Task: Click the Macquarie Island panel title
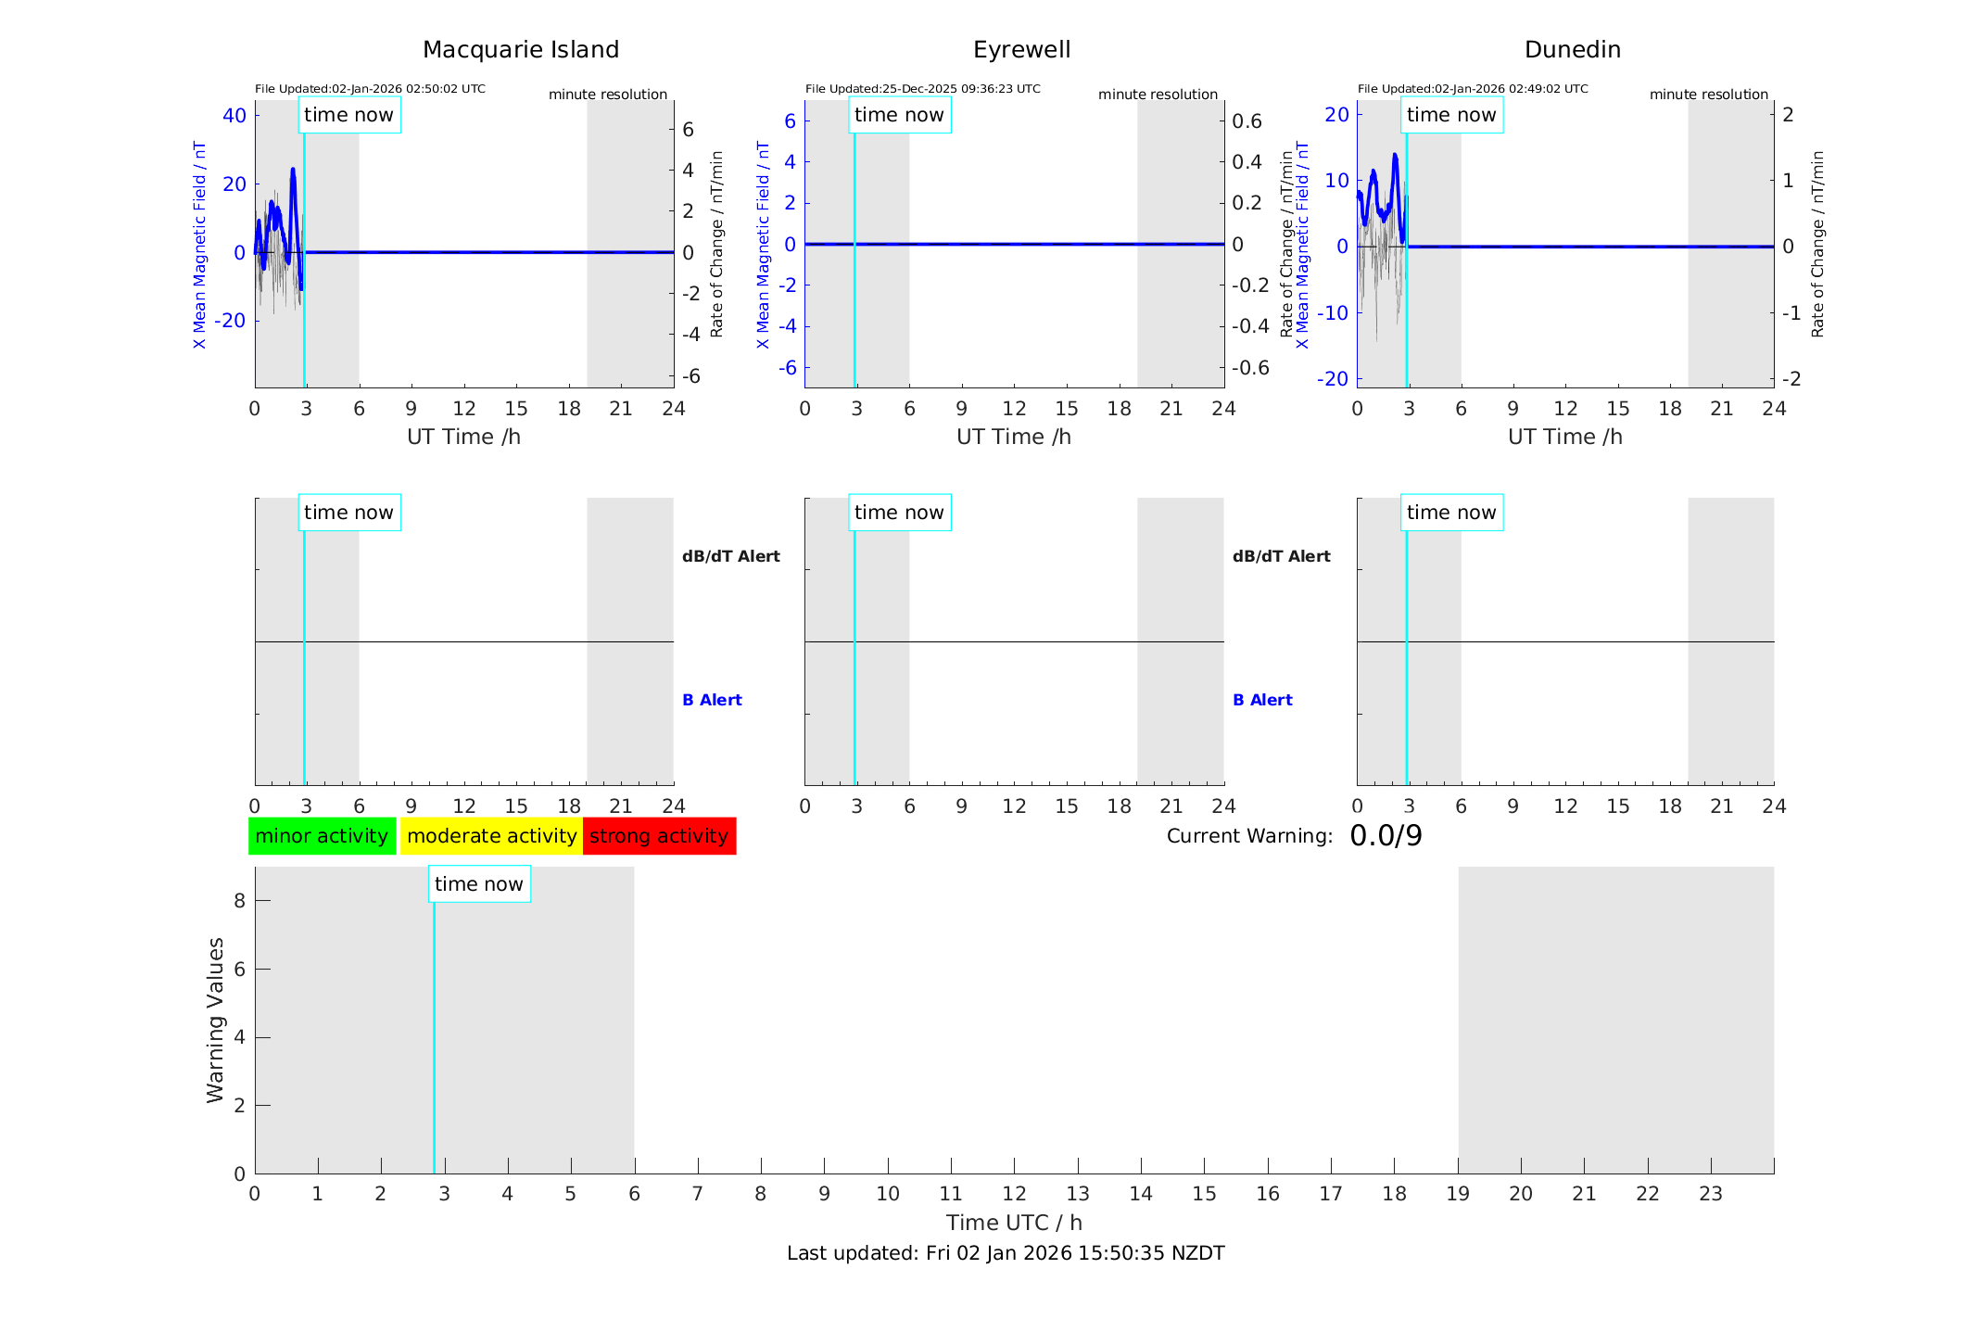coord(521,50)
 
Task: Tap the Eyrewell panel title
coord(1021,50)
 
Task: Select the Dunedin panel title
coord(1572,50)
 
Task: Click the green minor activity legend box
coord(322,836)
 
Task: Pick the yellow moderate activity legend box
coord(491,836)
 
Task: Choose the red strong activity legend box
coord(659,836)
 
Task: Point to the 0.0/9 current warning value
coord(1386,836)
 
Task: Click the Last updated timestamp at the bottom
coord(1006,1253)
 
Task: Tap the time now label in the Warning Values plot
coord(478,884)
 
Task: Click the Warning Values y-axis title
coord(215,1020)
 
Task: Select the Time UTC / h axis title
coord(1014,1223)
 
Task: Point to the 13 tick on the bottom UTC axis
coord(1078,1194)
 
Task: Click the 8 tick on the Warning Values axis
coord(239,901)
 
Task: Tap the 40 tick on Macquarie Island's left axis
coord(234,116)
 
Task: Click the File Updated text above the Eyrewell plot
coord(922,89)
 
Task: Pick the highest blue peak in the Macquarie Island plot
coord(293,170)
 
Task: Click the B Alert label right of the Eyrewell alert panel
coord(1262,700)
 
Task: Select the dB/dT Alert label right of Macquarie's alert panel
coord(730,556)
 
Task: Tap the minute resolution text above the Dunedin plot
coord(1708,95)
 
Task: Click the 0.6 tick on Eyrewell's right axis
coord(1247,121)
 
